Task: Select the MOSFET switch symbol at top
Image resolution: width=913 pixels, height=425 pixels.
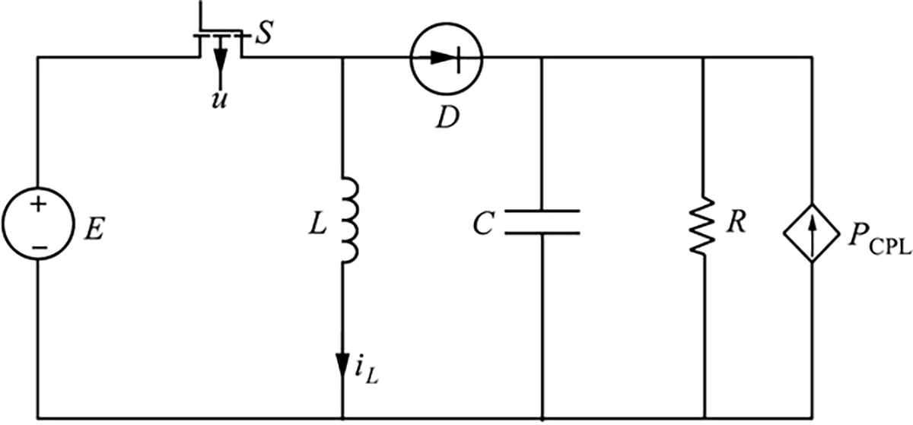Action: tap(220, 42)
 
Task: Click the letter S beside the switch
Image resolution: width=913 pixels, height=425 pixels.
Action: tap(263, 36)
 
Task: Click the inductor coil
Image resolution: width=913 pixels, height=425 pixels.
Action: tap(348, 220)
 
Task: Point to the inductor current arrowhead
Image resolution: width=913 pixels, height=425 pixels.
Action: tap(343, 363)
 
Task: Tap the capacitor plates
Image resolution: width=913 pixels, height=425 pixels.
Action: tap(541, 222)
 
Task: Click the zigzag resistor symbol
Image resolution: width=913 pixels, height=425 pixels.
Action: tap(704, 226)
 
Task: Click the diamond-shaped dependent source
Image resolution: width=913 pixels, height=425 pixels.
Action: tap(812, 233)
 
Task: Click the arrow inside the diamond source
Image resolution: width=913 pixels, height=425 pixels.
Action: tap(812, 233)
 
